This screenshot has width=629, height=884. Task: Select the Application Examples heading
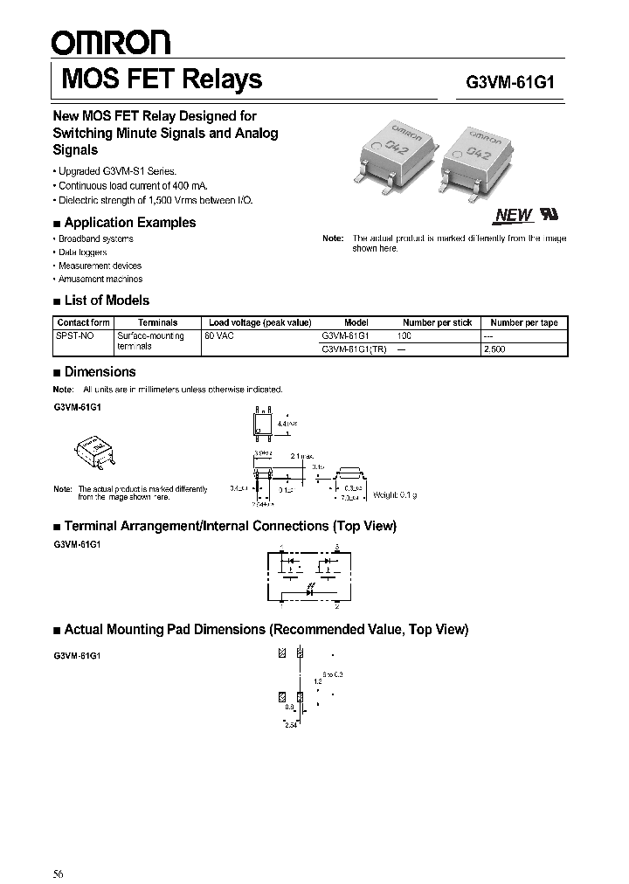130,223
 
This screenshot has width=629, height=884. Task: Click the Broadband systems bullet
96,239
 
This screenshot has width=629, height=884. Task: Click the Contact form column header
83,322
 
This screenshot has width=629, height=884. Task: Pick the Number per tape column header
524,322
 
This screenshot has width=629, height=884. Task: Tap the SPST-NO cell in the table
75,335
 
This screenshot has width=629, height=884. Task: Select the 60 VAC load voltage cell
220,335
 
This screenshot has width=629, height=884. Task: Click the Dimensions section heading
100,372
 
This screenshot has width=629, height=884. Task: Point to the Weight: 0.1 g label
395,495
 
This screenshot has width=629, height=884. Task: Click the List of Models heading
107,300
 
